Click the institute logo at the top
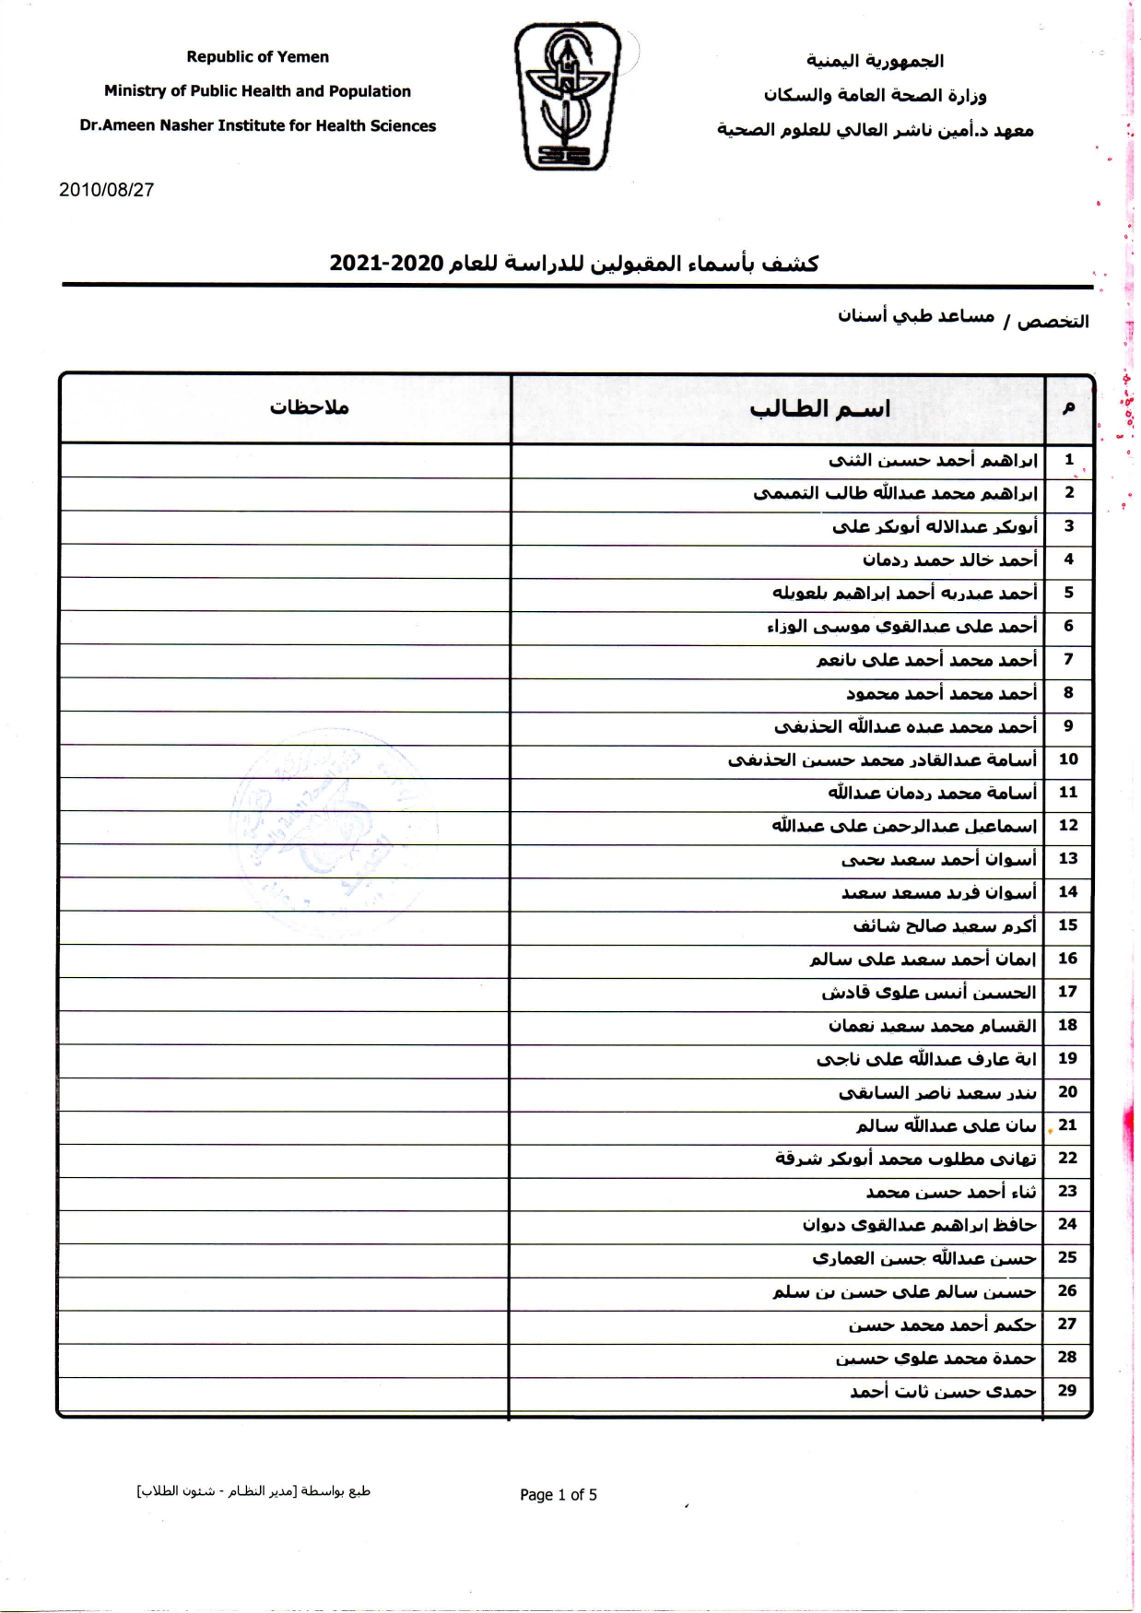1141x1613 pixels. click(x=567, y=97)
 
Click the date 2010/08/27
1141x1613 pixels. click(x=106, y=190)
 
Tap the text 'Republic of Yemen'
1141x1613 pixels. click(x=257, y=57)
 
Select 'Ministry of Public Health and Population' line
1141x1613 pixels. click(x=257, y=91)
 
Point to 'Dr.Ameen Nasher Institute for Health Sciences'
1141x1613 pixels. click(x=257, y=126)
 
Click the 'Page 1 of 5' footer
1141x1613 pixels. click(x=558, y=1495)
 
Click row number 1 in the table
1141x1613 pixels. click(x=1068, y=459)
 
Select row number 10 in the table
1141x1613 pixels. click(x=1068, y=759)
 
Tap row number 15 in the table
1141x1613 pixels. click(x=1068, y=924)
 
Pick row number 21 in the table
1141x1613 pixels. click(x=1068, y=1124)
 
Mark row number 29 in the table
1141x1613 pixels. click(x=1067, y=1390)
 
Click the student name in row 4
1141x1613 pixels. click(x=949, y=559)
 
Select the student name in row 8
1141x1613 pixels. click(x=941, y=693)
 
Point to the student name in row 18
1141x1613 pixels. click(x=932, y=1025)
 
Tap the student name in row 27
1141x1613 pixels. click(x=942, y=1325)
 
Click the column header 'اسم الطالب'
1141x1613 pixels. click(x=819, y=408)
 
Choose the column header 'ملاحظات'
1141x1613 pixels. click(x=309, y=407)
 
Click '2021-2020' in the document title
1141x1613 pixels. click(x=387, y=264)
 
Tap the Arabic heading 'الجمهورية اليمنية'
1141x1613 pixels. click(x=875, y=61)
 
